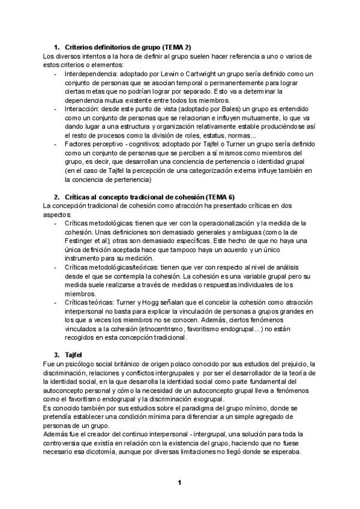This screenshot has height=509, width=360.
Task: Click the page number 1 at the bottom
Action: click(179, 482)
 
